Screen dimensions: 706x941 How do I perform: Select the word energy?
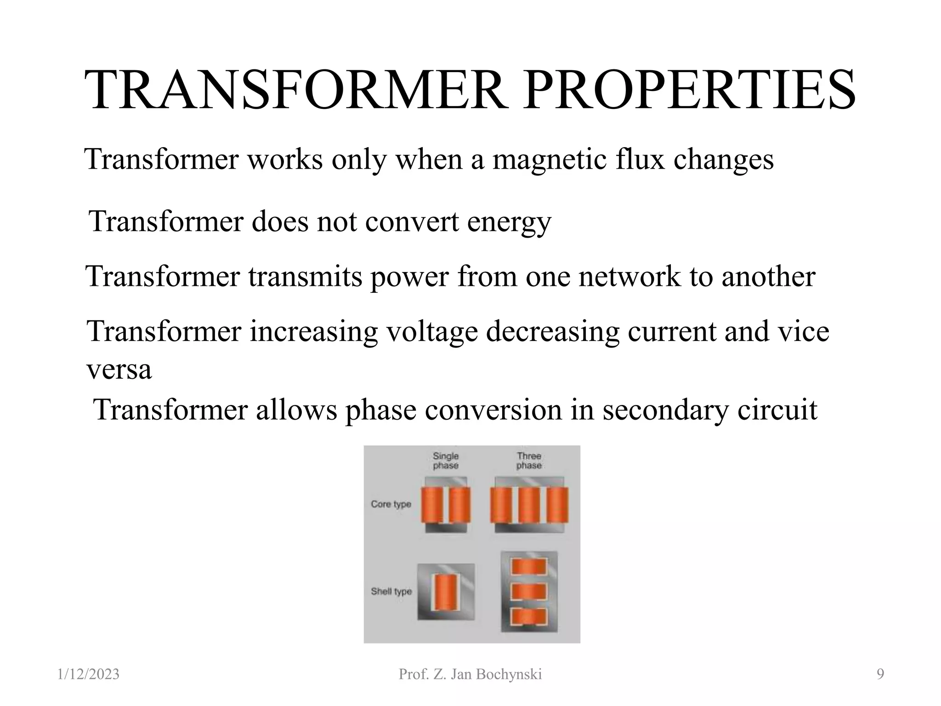(509, 222)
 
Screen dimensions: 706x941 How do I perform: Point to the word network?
(629, 277)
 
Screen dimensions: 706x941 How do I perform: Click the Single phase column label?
(445, 461)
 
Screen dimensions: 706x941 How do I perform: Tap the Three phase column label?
(529, 461)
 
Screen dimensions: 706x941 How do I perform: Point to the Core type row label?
(391, 504)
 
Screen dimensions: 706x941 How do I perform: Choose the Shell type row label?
(391, 592)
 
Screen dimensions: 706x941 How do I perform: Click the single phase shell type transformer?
(445, 592)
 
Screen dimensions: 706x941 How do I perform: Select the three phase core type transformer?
(529, 505)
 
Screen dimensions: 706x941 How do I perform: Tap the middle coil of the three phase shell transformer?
(529, 592)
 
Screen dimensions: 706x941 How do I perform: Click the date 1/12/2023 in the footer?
(89, 674)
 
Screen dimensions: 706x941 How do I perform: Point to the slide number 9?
(880, 674)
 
